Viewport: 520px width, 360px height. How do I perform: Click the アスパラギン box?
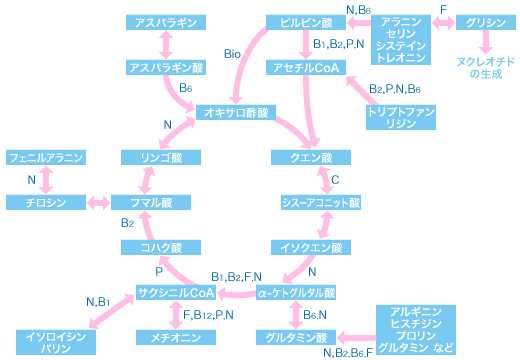[166, 22]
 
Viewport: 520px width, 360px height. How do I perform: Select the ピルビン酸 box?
[306, 22]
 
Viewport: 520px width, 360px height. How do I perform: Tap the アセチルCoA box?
[306, 68]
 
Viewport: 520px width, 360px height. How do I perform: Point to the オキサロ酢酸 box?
[236, 112]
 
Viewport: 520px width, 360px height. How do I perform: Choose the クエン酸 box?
[311, 157]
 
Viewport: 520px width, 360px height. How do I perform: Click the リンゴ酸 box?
[161, 157]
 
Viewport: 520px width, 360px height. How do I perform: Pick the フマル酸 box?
[151, 202]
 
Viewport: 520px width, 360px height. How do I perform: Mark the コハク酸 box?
[161, 247]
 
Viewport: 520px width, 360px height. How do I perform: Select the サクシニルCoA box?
[176, 292]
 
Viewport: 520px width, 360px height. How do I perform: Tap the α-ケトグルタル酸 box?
[296, 292]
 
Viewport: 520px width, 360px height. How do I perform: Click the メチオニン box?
[176, 337]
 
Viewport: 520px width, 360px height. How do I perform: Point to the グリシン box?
[486, 22]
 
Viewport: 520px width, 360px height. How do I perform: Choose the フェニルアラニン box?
[46, 157]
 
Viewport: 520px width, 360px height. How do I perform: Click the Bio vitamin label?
[232, 54]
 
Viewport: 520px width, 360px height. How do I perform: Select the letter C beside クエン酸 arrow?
[335, 180]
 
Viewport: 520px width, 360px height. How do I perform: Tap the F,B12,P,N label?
[208, 315]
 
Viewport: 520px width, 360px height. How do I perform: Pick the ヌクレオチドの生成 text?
[486, 68]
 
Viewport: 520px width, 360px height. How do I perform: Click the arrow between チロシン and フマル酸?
[98, 202]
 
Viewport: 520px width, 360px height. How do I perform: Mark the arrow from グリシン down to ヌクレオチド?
[486, 42]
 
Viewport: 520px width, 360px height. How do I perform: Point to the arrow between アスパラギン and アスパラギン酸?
[166, 45]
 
